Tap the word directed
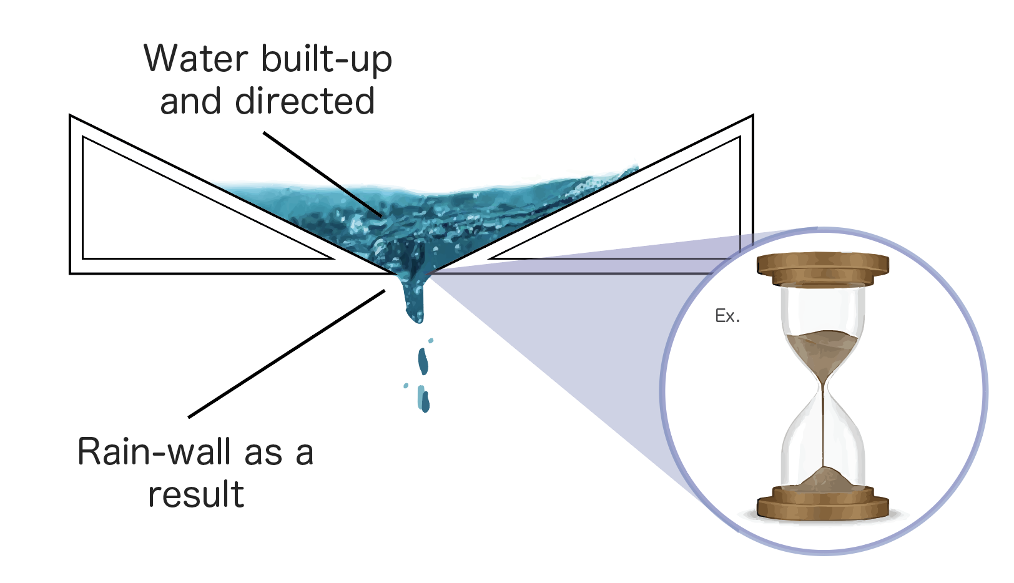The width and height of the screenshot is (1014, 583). click(305, 102)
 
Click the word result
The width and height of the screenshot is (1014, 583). click(196, 495)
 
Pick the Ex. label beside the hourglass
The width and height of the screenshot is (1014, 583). click(727, 316)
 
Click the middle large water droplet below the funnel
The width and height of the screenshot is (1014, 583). click(423, 361)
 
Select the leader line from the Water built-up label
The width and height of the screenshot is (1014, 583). click(322, 174)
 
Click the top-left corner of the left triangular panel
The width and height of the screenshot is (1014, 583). click(71, 117)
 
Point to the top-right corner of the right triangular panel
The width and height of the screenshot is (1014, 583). click(752, 117)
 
